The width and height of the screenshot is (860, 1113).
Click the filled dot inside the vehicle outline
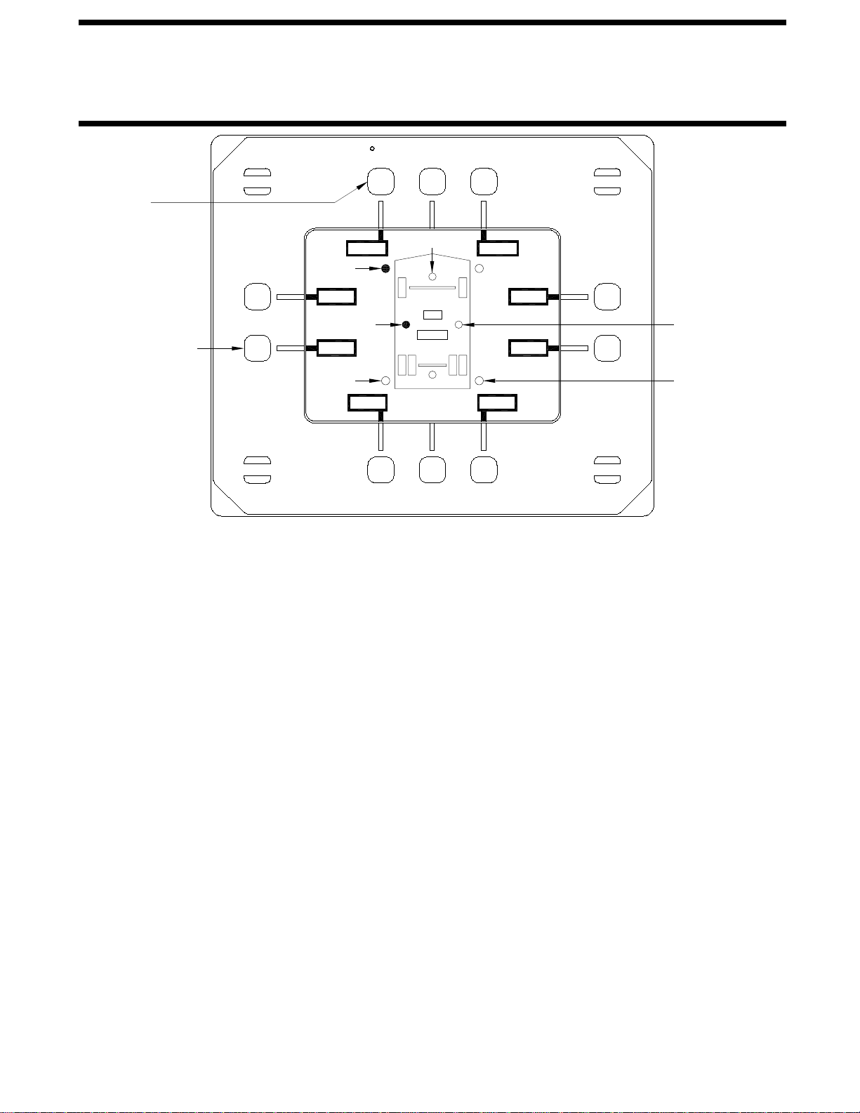pyautogui.click(x=406, y=324)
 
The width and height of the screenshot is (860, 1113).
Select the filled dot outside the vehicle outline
pyautogui.click(x=385, y=268)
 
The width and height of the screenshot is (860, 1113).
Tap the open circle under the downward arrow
pyautogui.click(x=432, y=277)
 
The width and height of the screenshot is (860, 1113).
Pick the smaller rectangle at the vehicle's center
pyautogui.click(x=432, y=315)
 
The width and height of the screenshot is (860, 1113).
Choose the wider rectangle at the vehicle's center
pyautogui.click(x=432, y=334)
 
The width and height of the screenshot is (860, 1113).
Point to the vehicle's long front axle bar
pyautogui.click(x=432, y=287)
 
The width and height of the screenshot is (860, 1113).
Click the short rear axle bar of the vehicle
pyautogui.click(x=432, y=365)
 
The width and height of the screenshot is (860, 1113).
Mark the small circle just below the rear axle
pyautogui.click(x=432, y=375)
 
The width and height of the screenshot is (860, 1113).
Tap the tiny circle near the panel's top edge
pyautogui.click(x=372, y=148)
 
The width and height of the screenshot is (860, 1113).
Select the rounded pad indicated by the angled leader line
pyautogui.click(x=381, y=181)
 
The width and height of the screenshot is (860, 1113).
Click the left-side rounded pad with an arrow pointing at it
pyautogui.click(x=257, y=348)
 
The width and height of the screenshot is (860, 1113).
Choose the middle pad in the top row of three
pyautogui.click(x=432, y=181)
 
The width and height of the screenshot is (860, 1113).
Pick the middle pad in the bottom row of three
pyautogui.click(x=432, y=470)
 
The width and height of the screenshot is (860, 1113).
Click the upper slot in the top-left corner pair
pyautogui.click(x=257, y=173)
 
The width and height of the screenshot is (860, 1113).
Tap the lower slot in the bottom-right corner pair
pyautogui.click(x=607, y=478)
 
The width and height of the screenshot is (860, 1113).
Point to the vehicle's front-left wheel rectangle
pyautogui.click(x=402, y=287)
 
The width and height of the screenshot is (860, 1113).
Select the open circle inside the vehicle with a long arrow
pyautogui.click(x=458, y=324)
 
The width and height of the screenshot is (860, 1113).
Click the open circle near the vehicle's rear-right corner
pyautogui.click(x=479, y=381)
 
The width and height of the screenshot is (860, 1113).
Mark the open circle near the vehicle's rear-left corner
pyautogui.click(x=385, y=381)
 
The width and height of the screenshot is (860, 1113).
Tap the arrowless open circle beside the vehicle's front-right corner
pyautogui.click(x=479, y=268)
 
